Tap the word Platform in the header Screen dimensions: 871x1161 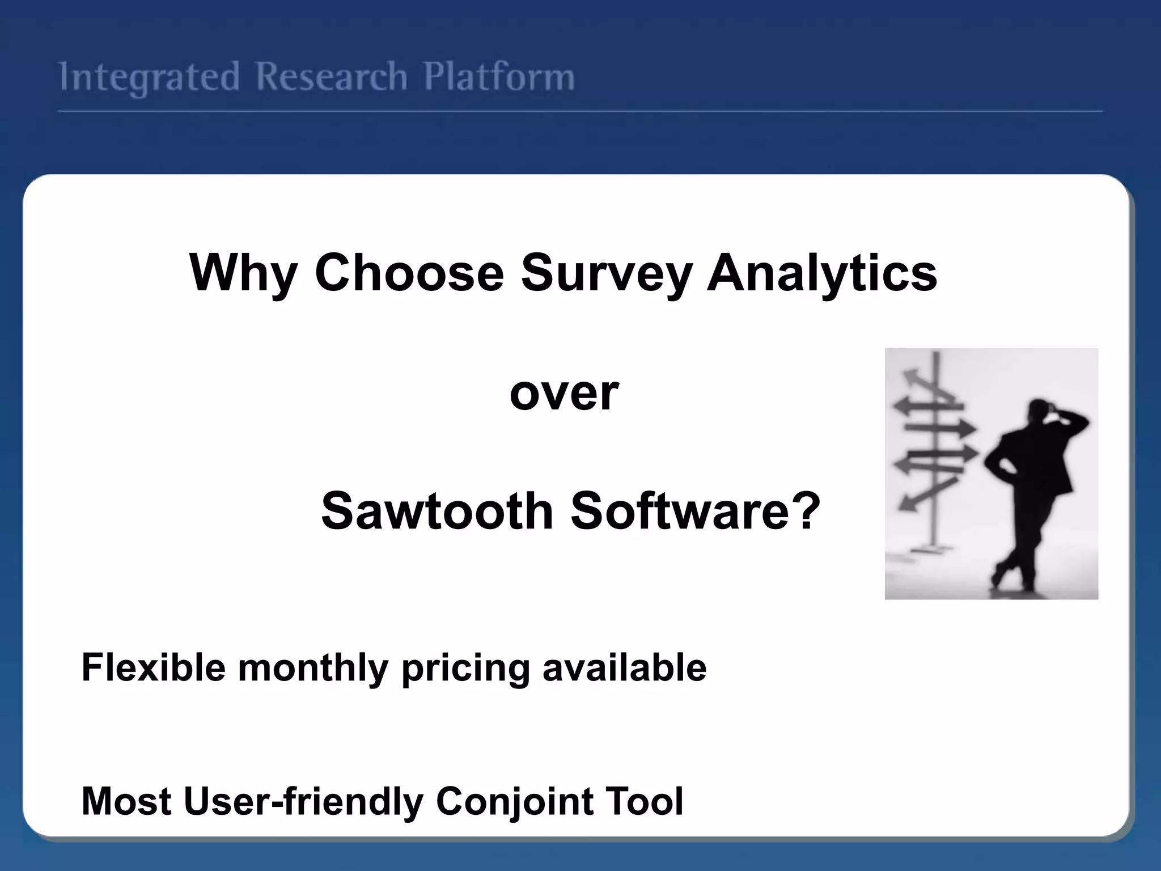(499, 77)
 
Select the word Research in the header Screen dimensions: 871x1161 (331, 77)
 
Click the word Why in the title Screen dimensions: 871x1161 (243, 273)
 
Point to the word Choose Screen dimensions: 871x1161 (409, 273)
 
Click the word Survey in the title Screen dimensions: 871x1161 (605, 273)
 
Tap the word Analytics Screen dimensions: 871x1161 (821, 273)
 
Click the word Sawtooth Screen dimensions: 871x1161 (437, 511)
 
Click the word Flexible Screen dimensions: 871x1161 (154, 667)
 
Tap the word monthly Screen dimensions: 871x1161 (313, 668)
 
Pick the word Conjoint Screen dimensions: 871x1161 (515, 801)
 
